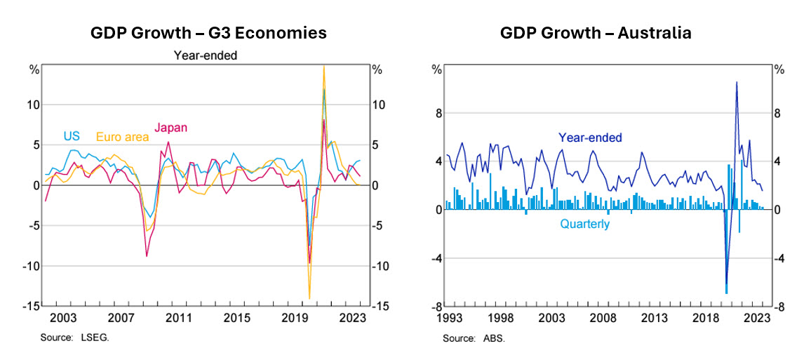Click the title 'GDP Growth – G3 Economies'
tap(208, 33)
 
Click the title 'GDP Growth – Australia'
tap(596, 33)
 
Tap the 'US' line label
tap(72, 135)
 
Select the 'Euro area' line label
tap(122, 137)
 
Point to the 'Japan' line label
tap(170, 128)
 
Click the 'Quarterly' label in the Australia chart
tap(584, 225)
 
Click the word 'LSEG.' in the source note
tap(98, 338)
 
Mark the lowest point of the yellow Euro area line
tap(309, 299)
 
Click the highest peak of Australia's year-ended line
tap(737, 82)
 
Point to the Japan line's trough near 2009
tap(147, 256)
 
